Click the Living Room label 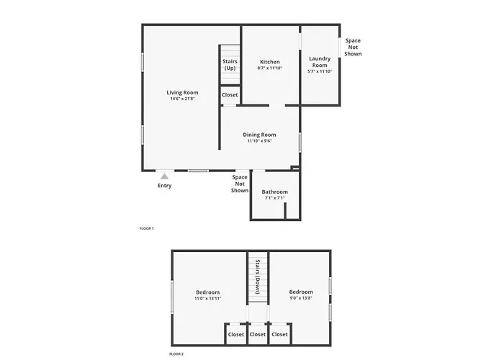182,93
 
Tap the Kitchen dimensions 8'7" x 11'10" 270,68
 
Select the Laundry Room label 320,62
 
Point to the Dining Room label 259,135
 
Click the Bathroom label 275,192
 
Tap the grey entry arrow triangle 165,176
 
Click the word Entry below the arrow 165,186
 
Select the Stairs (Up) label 230,65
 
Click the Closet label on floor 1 230,95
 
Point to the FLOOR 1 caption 147,228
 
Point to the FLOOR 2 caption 176,354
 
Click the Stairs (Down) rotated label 258,276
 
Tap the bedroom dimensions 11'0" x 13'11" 207,298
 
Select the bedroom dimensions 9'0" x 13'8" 301,298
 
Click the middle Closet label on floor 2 258,334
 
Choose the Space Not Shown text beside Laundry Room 353,48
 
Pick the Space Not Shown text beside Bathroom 240,184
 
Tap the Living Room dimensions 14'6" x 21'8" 182,99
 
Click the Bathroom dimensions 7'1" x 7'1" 275,198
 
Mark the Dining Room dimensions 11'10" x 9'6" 259,141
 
